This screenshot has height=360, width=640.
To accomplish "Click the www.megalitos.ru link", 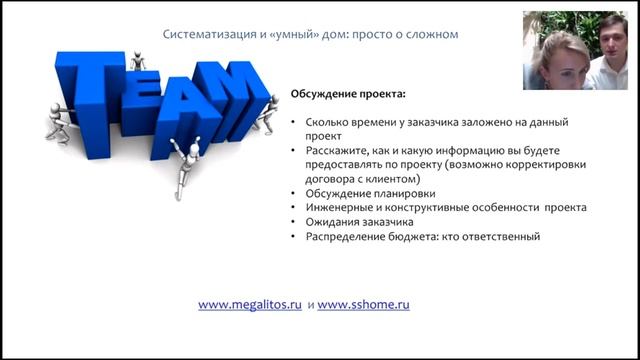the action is tap(250, 305).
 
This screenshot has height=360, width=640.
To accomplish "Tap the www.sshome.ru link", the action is tap(363, 305).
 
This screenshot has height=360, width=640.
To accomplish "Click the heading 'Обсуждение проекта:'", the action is tap(348, 94).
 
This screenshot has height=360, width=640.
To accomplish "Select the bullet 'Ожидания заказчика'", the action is tap(359, 222).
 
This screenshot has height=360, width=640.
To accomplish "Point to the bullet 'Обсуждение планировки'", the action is tap(370, 193).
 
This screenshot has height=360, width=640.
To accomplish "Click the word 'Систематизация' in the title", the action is tap(209, 34).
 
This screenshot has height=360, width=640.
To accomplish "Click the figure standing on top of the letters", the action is tap(138, 61).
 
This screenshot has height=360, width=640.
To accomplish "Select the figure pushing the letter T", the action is tap(59, 123).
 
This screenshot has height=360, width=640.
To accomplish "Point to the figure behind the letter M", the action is tap(267, 115).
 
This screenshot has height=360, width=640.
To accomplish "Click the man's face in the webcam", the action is tap(612, 40).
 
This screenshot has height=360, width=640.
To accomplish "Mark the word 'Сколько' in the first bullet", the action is tap(325, 122).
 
